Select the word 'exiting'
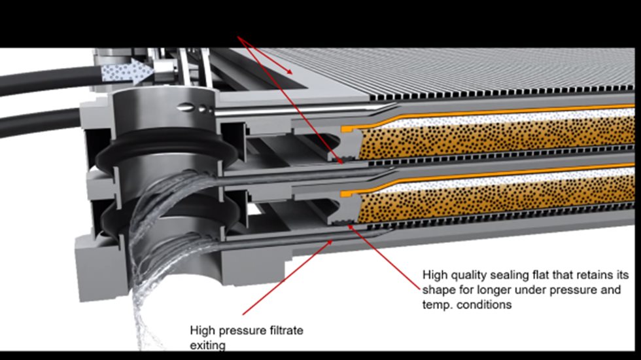click(x=207, y=345)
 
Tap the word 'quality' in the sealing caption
click(x=465, y=275)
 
